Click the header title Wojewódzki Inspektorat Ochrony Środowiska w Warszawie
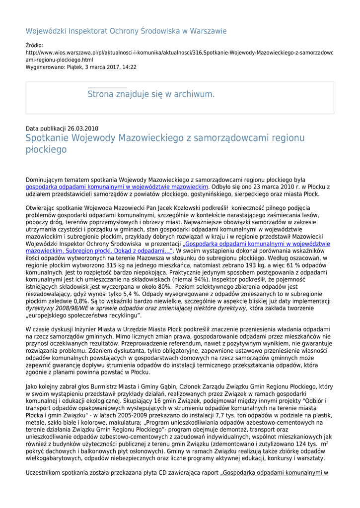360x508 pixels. pyautogui.click(x=126, y=31)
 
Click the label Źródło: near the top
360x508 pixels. pyautogui.click(x=34, y=45)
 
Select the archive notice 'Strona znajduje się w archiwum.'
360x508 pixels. pyautogui.click(x=151, y=94)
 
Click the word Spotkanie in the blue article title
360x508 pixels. pyautogui.click(x=48, y=138)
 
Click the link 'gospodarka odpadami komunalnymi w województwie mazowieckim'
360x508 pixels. pyautogui.click(x=117, y=187)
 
